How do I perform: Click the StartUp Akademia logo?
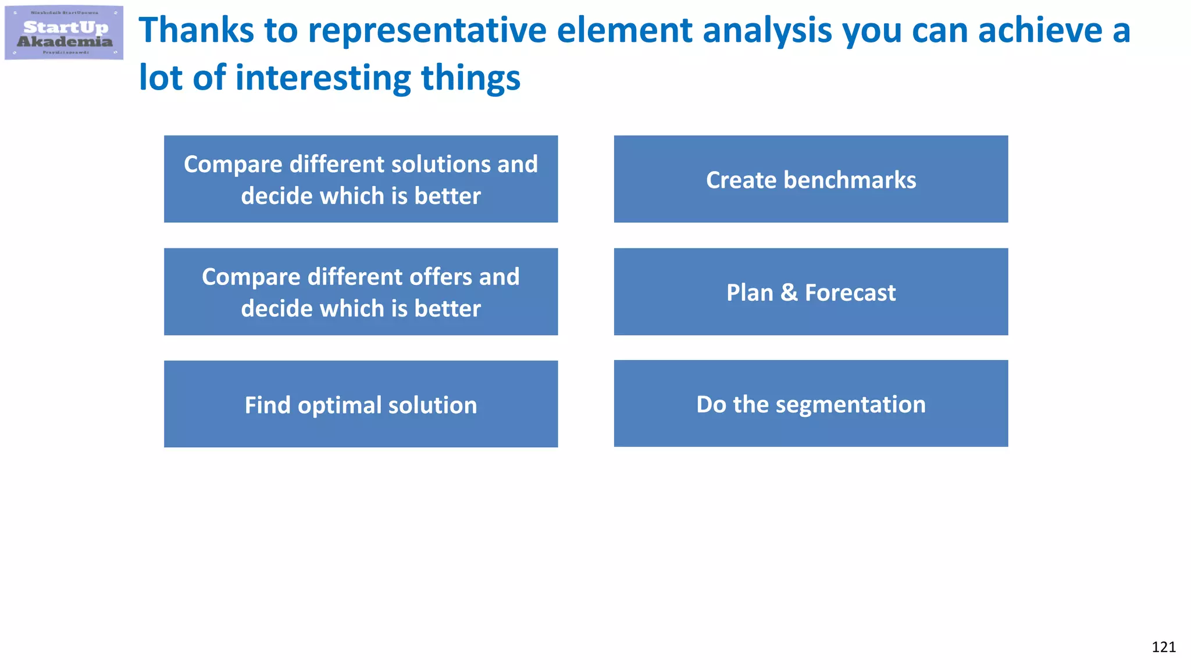[x=64, y=33]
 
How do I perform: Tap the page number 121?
[x=1163, y=647]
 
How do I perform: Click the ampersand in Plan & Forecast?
[x=789, y=293]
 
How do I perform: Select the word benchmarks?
[x=850, y=180]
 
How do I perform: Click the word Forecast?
[x=850, y=293]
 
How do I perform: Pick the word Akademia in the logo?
[x=65, y=42]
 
